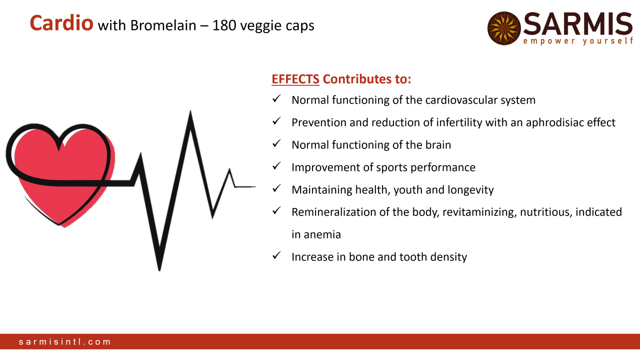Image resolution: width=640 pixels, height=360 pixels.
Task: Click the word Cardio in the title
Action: coord(61,23)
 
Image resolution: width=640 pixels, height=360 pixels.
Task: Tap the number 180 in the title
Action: coord(224,25)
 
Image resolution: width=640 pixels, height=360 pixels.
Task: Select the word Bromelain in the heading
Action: coord(163,25)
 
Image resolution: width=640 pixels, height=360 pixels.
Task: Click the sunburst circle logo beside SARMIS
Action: coord(504,28)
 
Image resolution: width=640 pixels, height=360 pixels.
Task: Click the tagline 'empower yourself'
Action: coord(578,41)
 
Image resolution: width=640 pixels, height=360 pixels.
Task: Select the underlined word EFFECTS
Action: coord(295,79)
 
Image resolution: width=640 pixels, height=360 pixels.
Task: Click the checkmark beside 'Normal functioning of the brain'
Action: coord(276,143)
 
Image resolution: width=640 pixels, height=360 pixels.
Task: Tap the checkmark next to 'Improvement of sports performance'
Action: coord(276,165)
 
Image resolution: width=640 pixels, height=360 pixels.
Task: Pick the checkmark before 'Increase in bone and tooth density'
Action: coord(276,255)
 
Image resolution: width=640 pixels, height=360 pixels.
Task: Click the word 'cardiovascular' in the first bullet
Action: coord(461,100)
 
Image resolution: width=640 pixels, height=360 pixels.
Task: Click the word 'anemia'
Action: coord(322,235)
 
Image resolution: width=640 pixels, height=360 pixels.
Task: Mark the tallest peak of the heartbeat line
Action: coord(190,111)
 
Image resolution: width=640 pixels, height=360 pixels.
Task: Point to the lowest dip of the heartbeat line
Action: coord(159,269)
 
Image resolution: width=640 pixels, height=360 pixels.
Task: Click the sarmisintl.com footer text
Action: coord(65,341)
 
